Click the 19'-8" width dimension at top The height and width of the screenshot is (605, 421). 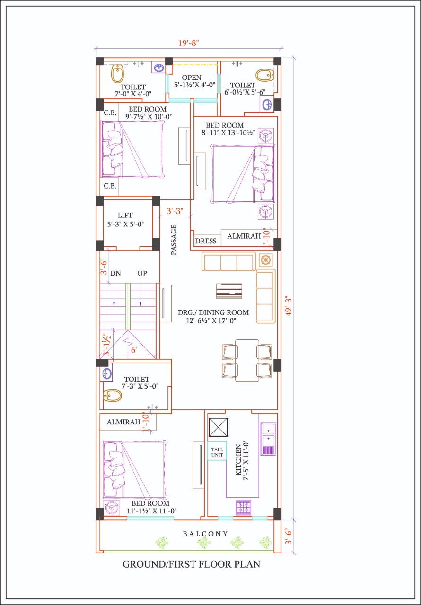coord(189,43)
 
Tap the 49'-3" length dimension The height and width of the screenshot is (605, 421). coord(289,307)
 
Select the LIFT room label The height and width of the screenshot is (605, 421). coord(125,215)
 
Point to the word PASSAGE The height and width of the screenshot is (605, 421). coord(174,240)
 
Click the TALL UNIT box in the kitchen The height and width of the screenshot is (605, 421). coord(217,451)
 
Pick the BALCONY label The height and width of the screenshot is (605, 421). coord(205,534)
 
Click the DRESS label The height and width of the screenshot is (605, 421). coord(206,241)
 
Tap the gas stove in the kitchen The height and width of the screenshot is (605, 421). coord(244,507)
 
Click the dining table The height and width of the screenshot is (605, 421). coord(247,361)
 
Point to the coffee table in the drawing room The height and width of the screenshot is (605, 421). coord(229,291)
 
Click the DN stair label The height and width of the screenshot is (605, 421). coord(115,273)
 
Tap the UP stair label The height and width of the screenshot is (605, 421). coord(142,273)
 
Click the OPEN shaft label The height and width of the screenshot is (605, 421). coord(191,78)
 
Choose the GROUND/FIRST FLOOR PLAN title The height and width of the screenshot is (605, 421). coord(191,564)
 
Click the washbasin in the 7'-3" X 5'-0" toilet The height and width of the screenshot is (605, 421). coord(107,374)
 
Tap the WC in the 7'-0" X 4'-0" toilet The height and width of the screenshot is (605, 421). coord(118,73)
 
